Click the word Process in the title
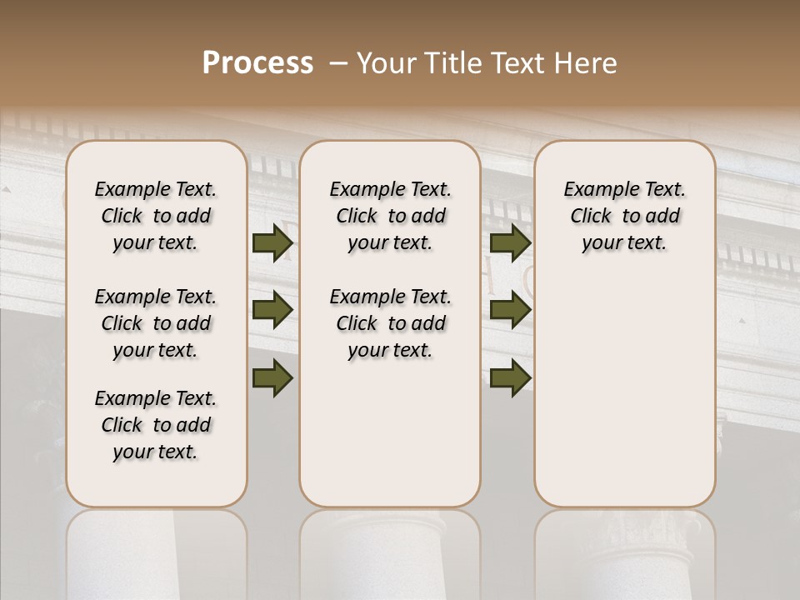tap(257, 63)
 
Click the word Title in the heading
tap(449, 63)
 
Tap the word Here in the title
tap(586, 63)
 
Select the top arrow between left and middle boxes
tap(272, 242)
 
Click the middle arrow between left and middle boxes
tap(272, 310)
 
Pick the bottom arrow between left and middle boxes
tap(272, 377)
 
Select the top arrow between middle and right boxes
tap(511, 242)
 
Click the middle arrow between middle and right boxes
tap(511, 310)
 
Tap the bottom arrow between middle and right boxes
tap(511, 377)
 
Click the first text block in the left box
tap(156, 216)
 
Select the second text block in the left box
tap(156, 323)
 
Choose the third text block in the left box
tap(156, 425)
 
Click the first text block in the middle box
tap(390, 216)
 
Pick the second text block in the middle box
tap(390, 323)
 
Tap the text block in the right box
tap(624, 216)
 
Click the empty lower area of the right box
tap(624, 392)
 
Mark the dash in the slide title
tap(337, 63)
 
